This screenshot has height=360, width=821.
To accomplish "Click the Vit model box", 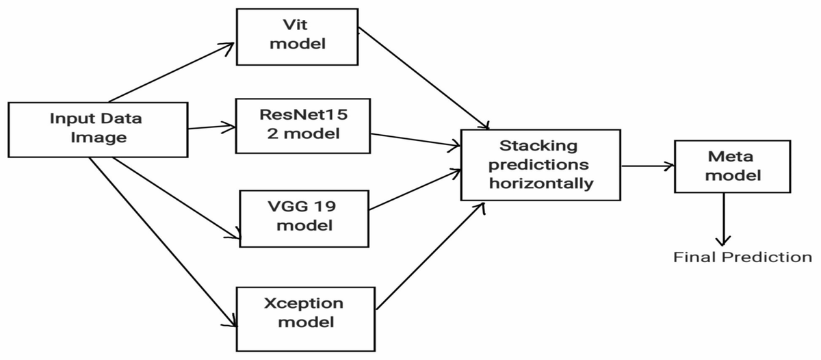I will [298, 36].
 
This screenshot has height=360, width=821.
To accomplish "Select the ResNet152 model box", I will [298, 126].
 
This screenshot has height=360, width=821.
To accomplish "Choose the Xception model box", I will [304, 312].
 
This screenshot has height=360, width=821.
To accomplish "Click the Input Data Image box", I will [97, 128].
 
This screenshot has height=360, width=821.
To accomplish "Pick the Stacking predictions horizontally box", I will [540, 165].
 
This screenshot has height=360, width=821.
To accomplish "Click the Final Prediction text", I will [742, 257].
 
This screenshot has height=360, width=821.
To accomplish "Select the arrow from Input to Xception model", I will [162, 240].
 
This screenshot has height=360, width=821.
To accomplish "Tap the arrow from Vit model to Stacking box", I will [424, 78].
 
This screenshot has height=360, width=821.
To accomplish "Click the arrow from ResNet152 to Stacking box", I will [413, 140].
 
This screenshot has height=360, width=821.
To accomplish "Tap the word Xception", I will [303, 303].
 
